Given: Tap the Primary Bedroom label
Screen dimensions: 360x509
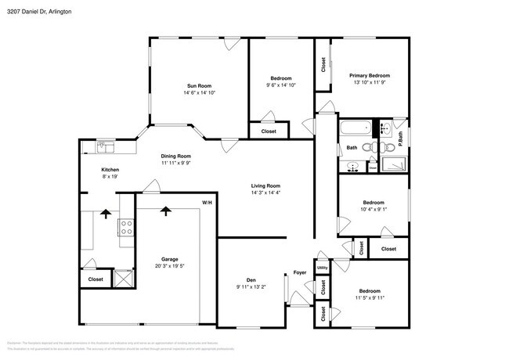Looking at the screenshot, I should pos(370,75).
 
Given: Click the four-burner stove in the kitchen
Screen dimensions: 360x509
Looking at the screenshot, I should pos(125,227).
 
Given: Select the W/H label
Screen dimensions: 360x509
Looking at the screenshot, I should pos(207,203).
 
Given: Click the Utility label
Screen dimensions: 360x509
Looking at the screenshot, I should pos(322,268).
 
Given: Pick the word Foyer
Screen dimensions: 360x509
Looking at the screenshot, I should pos(300,273).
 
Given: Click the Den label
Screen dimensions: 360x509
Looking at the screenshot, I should pos(251,279).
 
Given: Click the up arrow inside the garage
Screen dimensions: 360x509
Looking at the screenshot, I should pos(165,211).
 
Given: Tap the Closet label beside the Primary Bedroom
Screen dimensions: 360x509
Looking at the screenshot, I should pos(323,66).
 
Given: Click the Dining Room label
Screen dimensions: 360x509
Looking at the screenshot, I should pos(176,156).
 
